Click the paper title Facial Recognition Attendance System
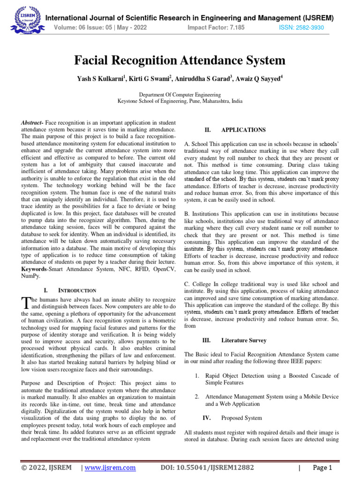pyautogui.click(x=180, y=60)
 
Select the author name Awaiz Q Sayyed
pyautogui.click(x=259, y=79)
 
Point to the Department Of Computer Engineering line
pyautogui.click(x=180, y=94)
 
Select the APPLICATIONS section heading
pyautogui.click(x=243, y=130)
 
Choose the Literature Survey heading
pyautogui.click(x=244, y=340)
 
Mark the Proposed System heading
pyautogui.click(x=241, y=418)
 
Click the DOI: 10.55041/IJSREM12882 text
pyautogui.click(x=207, y=467)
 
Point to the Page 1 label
pyautogui.click(x=322, y=467)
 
